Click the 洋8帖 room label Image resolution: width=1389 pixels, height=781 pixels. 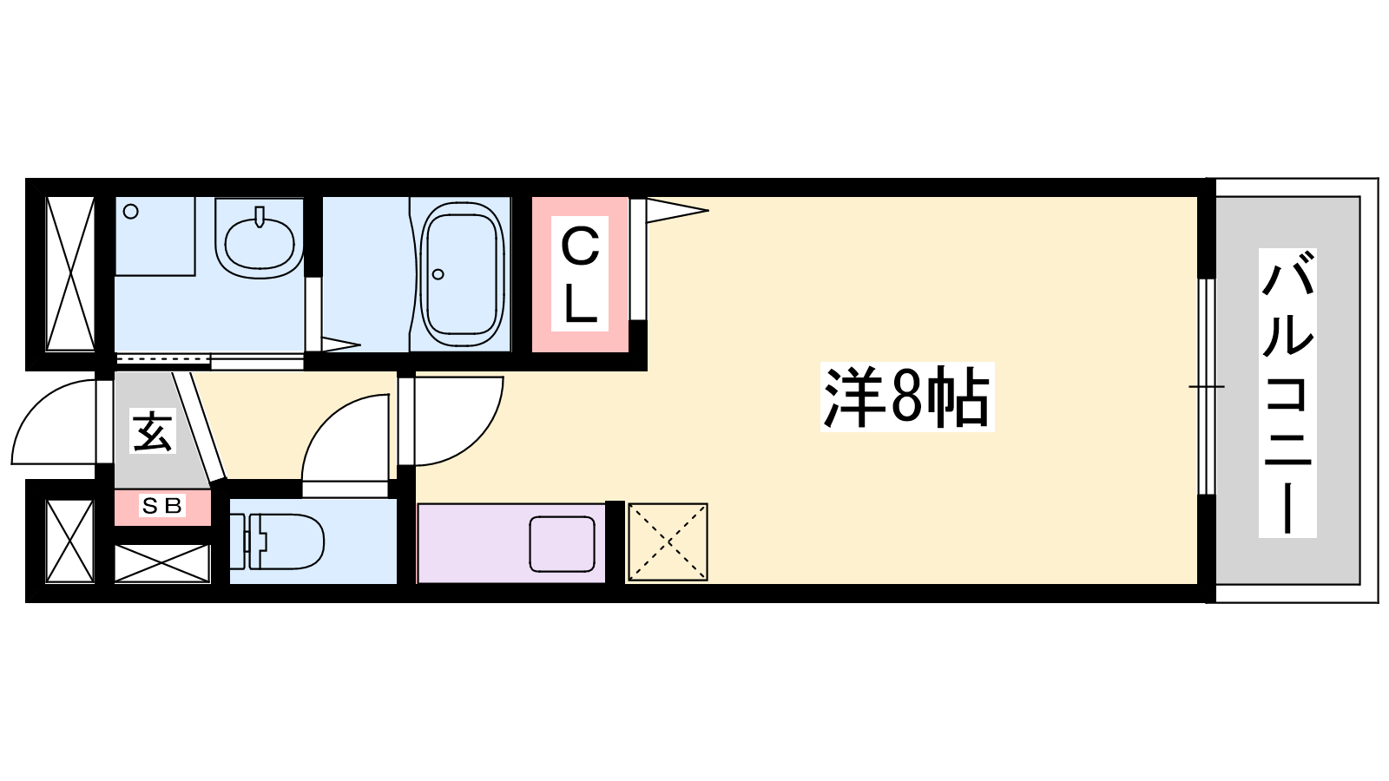[x=906, y=397]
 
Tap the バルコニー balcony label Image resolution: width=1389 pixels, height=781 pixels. [x=1287, y=392]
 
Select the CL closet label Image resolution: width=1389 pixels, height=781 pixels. [x=580, y=274]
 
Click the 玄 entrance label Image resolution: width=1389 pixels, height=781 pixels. [x=152, y=430]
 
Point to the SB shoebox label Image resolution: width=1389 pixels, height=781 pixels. [x=162, y=507]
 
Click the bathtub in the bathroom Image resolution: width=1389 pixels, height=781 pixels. [x=461, y=274]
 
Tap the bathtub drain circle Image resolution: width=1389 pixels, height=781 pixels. [x=438, y=274]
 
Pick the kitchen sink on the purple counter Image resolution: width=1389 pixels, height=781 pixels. [x=562, y=544]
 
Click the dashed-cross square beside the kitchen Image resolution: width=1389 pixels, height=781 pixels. [x=668, y=542]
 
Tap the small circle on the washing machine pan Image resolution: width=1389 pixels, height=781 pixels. [x=131, y=212]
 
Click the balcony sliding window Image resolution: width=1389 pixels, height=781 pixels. [x=1206, y=387]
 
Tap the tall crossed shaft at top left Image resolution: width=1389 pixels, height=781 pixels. [x=70, y=273]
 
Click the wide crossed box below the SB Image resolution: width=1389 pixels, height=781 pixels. [x=162, y=563]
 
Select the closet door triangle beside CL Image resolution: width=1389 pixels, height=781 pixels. [x=677, y=210]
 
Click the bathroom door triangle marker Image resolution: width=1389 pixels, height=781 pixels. [x=340, y=344]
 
